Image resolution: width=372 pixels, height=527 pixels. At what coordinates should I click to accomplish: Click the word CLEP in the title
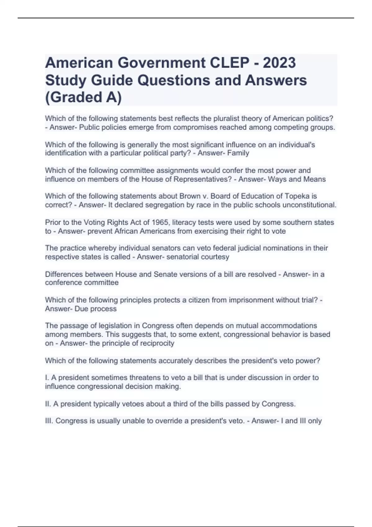(229, 63)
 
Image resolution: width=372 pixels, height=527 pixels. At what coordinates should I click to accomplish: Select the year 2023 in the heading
(279, 63)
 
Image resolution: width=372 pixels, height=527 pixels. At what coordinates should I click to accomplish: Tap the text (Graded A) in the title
(83, 97)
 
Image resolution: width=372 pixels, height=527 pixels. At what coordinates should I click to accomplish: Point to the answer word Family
(238, 153)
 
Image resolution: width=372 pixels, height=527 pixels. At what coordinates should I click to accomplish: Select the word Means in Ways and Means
(314, 179)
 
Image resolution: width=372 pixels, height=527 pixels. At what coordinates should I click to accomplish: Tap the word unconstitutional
(311, 205)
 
